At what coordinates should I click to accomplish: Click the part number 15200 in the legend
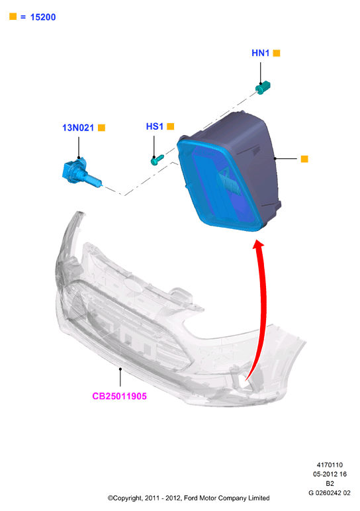[x=43, y=17]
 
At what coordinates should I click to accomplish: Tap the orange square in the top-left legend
[x=13, y=17]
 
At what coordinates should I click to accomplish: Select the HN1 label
[x=260, y=53]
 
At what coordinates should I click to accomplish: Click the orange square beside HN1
[x=276, y=53]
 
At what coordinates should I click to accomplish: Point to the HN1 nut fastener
[x=263, y=87]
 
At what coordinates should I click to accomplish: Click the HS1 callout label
[x=154, y=126]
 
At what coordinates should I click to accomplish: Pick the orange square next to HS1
[x=170, y=126]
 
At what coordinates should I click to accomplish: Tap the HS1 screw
[x=157, y=160]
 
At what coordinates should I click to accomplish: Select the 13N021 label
[x=78, y=128]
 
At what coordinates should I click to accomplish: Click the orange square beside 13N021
[x=102, y=128]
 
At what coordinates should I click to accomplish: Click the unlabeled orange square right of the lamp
[x=304, y=159]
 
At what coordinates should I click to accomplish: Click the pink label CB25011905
[x=119, y=396]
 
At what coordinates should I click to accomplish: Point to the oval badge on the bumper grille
[x=134, y=285]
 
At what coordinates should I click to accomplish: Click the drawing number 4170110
[x=330, y=465]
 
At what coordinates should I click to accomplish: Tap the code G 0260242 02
[x=330, y=492]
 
